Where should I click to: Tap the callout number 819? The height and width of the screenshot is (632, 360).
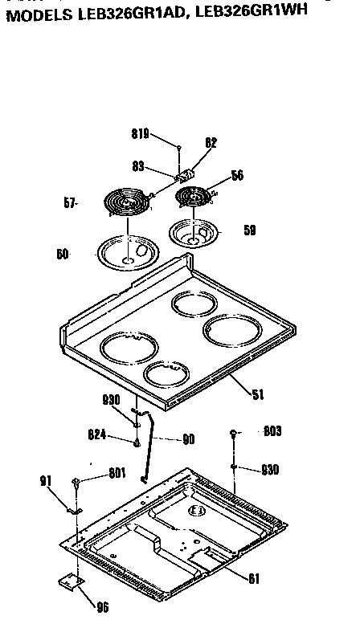pyautogui.click(x=141, y=136)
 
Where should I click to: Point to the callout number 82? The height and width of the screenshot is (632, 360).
pyautogui.click(x=211, y=143)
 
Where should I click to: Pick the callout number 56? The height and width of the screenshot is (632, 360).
pyautogui.click(x=237, y=175)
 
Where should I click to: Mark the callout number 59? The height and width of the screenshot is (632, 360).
pyautogui.click(x=250, y=230)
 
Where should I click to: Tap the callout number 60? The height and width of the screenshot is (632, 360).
pyautogui.click(x=63, y=255)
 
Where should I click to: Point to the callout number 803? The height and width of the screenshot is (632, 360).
pyautogui.click(x=272, y=432)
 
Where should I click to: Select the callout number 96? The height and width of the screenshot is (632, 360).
pyautogui.click(x=102, y=607)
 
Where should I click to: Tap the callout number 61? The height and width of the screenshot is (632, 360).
pyautogui.click(x=253, y=577)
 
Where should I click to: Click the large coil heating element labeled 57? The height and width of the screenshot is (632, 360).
pyautogui.click(x=126, y=204)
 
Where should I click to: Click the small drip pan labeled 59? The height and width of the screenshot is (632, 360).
pyautogui.click(x=195, y=233)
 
